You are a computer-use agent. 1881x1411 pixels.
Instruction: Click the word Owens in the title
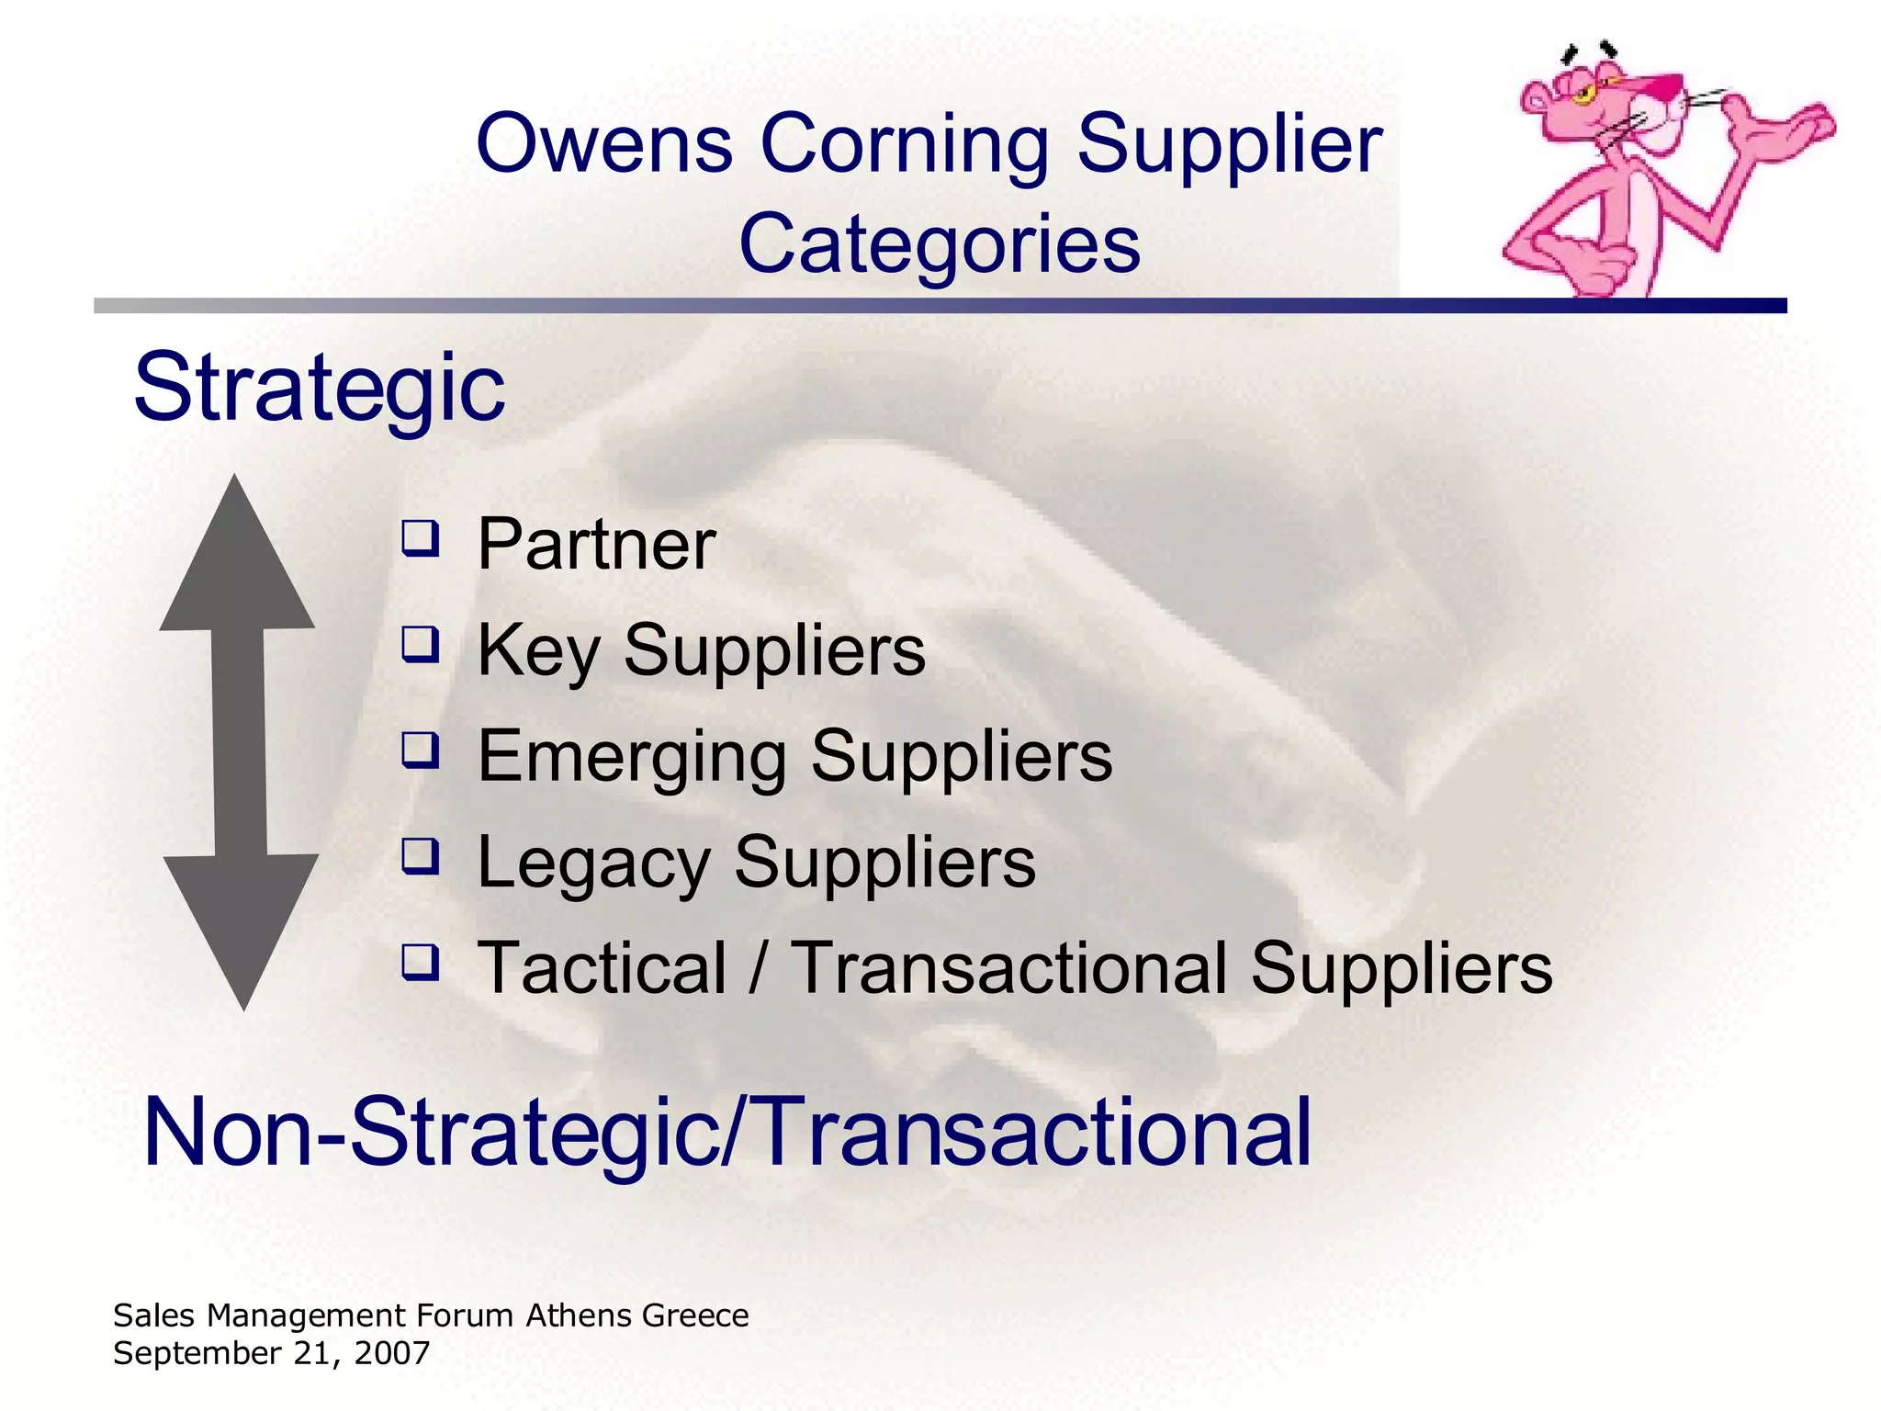pos(603,144)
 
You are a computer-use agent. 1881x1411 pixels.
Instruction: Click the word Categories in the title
pos(939,244)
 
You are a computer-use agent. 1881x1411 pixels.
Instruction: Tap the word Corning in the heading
pos(905,144)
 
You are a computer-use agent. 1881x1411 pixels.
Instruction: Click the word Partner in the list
pos(596,545)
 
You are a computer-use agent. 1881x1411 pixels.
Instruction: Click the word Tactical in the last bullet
pos(603,968)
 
